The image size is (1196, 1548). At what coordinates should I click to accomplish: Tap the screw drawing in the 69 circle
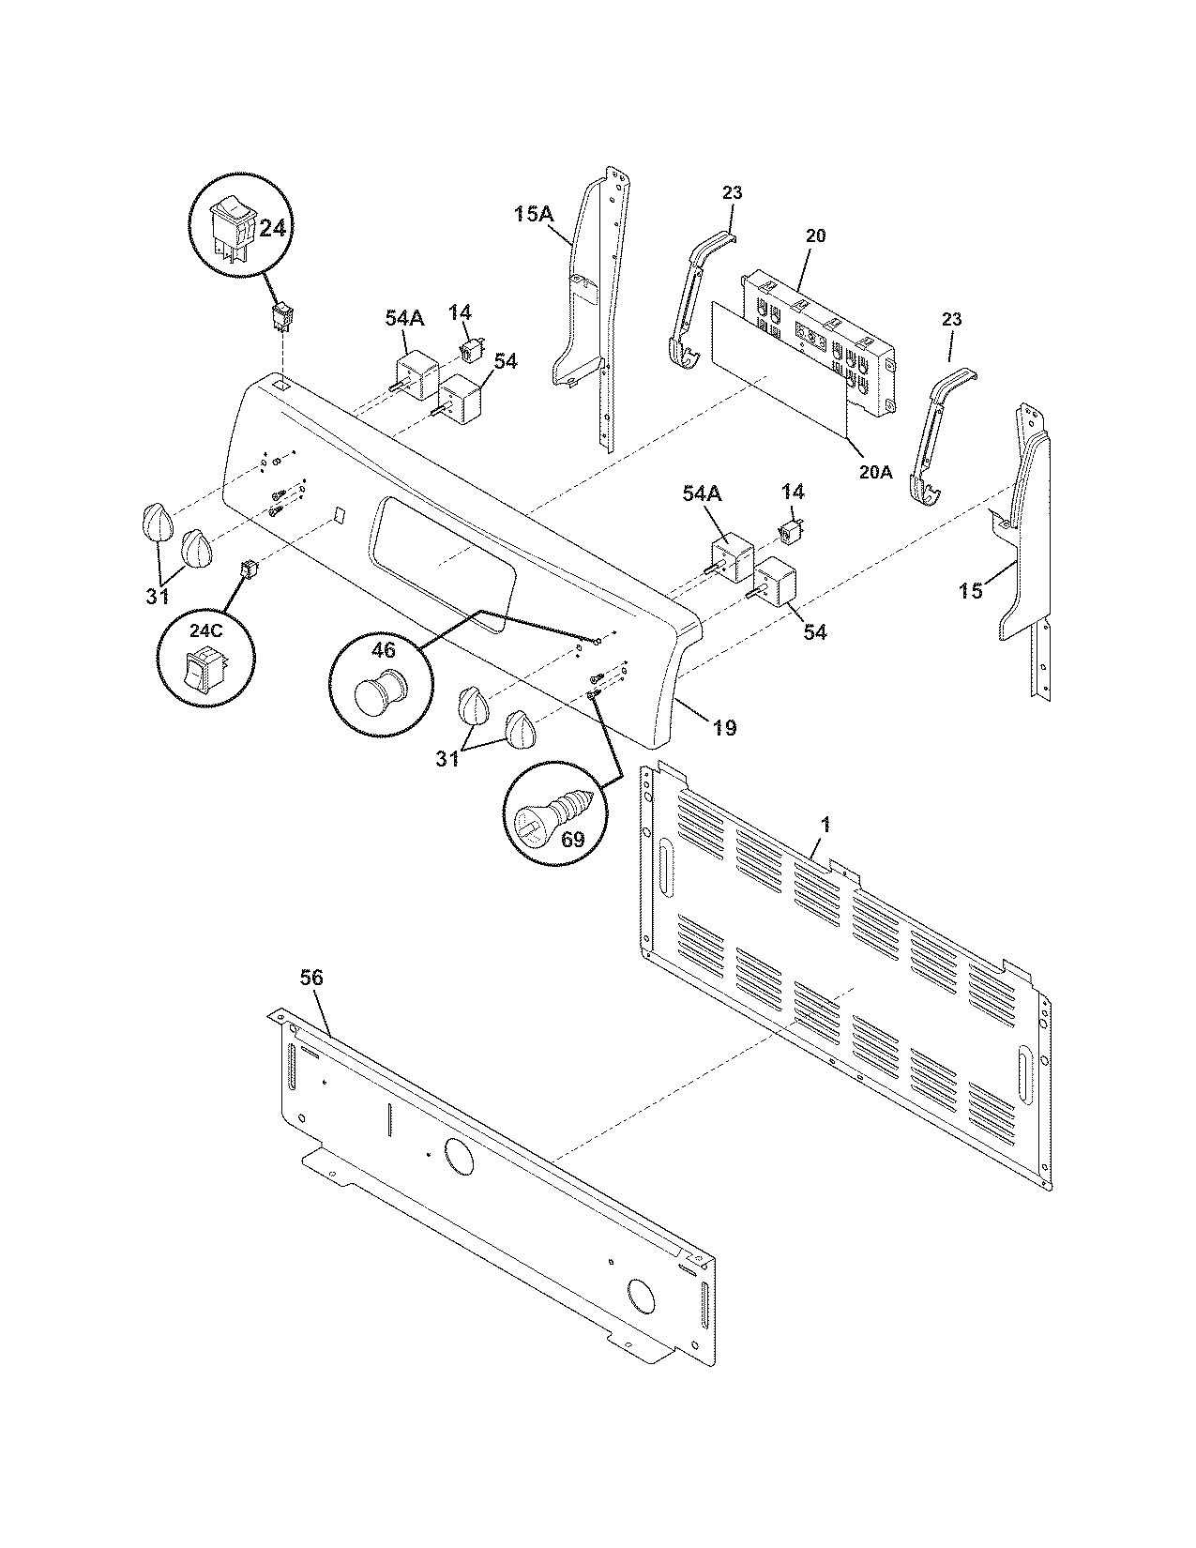click(x=552, y=808)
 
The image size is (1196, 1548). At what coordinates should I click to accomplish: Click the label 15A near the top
click(x=532, y=215)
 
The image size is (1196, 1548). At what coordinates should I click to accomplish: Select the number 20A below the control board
click(x=874, y=472)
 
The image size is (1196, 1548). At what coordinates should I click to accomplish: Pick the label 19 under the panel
click(x=723, y=726)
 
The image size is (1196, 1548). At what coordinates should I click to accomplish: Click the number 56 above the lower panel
click(x=310, y=978)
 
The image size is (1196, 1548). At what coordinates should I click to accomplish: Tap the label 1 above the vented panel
click(x=825, y=824)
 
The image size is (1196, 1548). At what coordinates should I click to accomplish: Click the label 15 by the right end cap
click(x=971, y=591)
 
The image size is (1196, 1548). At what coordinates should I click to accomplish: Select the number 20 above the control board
click(x=815, y=235)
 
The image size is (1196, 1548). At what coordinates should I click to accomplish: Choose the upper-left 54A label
click(x=404, y=319)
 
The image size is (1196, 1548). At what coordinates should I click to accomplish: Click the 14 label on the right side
click(x=793, y=492)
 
